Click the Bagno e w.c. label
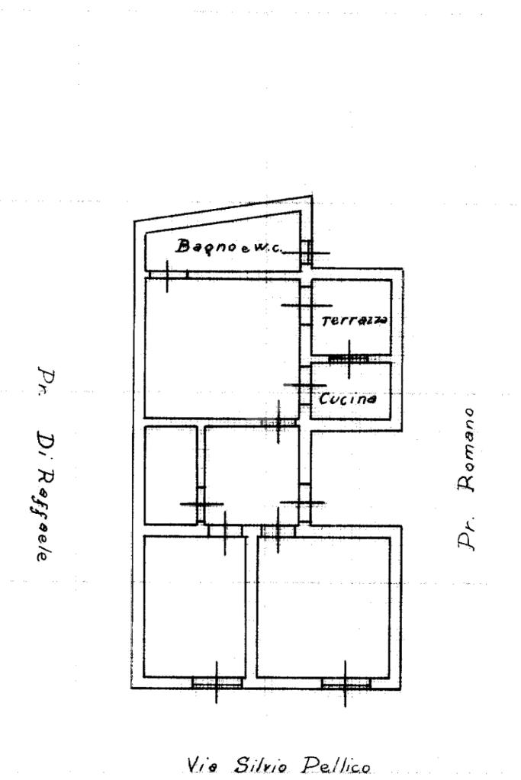226,246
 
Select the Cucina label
347,398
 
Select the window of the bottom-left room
216,683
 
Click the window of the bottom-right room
345,683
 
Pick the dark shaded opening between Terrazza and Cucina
349,358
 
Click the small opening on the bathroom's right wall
306,252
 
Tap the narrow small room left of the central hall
170,475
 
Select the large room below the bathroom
221,347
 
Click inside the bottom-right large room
323,606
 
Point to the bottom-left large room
195,606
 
